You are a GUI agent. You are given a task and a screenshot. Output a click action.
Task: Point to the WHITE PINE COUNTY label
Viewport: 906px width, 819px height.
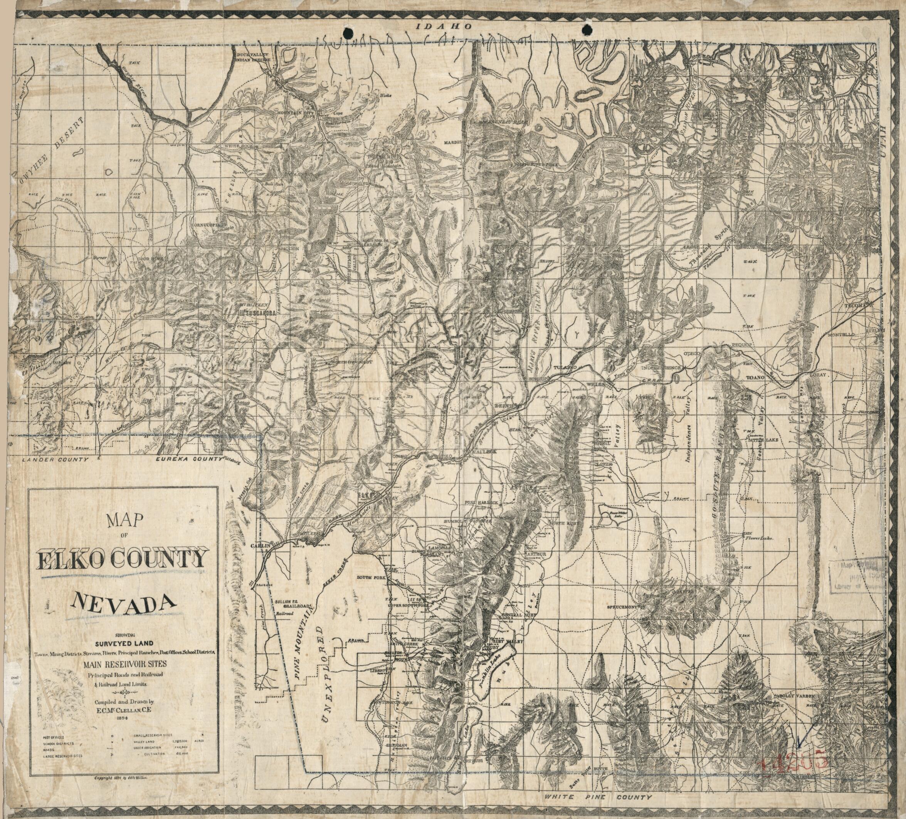pos(598,797)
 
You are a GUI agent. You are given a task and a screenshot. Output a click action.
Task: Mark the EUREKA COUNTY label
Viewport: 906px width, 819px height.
pos(189,460)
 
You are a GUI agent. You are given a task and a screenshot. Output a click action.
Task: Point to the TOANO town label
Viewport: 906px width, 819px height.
pos(755,378)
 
